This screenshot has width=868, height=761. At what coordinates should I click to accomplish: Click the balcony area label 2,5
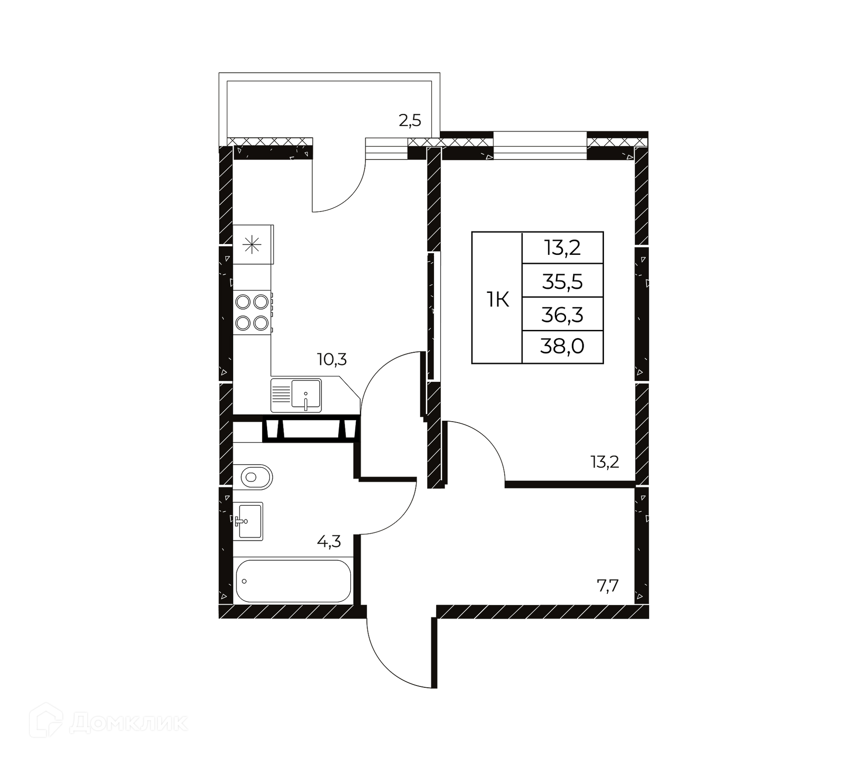pyautogui.click(x=410, y=121)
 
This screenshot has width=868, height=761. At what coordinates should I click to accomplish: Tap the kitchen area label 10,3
pyautogui.click(x=332, y=360)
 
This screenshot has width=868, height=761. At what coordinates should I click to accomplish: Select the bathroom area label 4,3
pyautogui.click(x=329, y=541)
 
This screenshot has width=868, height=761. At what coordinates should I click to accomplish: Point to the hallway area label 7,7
pyautogui.click(x=608, y=586)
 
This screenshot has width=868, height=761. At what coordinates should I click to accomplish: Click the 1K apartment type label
pyautogui.click(x=497, y=300)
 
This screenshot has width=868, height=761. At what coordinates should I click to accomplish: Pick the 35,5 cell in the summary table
pyautogui.click(x=562, y=282)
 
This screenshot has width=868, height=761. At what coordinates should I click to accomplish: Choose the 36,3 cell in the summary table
pyautogui.click(x=562, y=315)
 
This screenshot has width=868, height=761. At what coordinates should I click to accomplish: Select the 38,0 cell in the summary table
pyautogui.click(x=562, y=347)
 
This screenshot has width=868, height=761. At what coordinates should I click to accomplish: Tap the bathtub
pyautogui.click(x=293, y=581)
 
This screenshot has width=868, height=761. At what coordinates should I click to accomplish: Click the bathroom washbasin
pyautogui.click(x=248, y=521)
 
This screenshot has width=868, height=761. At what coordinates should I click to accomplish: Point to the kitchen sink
pyautogui.click(x=296, y=395)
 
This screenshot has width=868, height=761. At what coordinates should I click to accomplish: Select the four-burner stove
pyautogui.click(x=252, y=312)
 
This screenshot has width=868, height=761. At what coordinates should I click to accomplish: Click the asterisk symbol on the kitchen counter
pyautogui.click(x=252, y=245)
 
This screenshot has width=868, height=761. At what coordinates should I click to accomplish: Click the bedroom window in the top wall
pyautogui.click(x=540, y=146)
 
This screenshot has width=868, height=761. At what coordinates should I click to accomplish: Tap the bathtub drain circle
pyautogui.click(x=244, y=581)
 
